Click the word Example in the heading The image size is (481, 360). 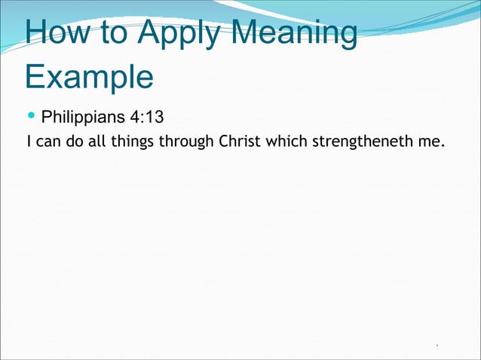[89, 77]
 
